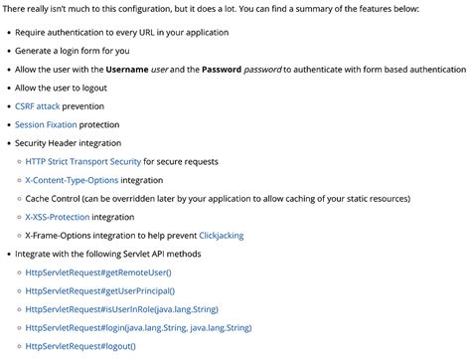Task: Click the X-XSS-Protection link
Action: [58, 217]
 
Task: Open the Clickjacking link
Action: [221, 236]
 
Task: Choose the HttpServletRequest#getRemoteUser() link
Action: [98, 271]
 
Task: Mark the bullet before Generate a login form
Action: [8, 52]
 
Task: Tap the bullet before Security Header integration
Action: [8, 143]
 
